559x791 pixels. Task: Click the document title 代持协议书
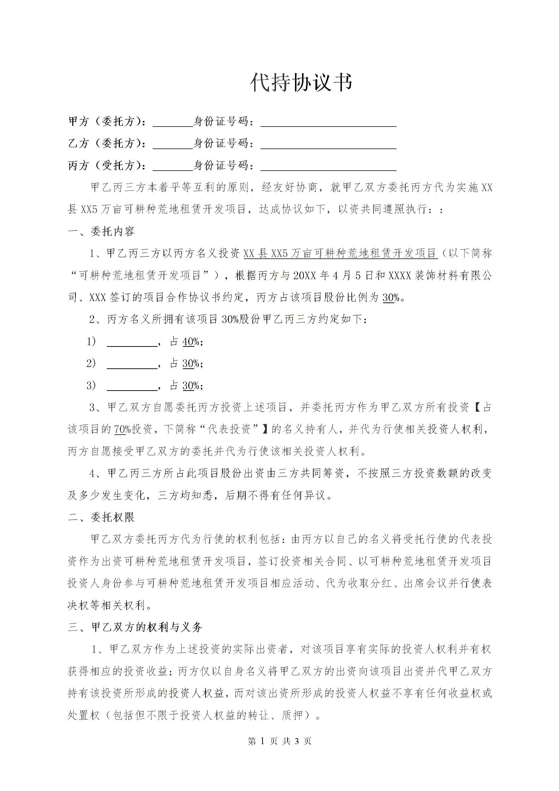pyautogui.click(x=301, y=83)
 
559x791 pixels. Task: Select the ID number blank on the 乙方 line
pyautogui.click(x=328, y=144)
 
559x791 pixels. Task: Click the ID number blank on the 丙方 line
pyautogui.click(x=328, y=166)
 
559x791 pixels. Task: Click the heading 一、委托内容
pyautogui.click(x=101, y=232)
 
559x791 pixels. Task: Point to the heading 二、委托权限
pyautogui.click(x=101, y=517)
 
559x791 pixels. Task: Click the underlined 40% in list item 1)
pyautogui.click(x=191, y=342)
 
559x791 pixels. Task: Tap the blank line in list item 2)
pyautogui.click(x=132, y=364)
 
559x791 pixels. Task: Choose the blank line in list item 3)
pyautogui.click(x=132, y=386)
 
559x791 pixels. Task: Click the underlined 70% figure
pyautogui.click(x=122, y=429)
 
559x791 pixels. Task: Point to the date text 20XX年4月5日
pyautogui.click(x=332, y=275)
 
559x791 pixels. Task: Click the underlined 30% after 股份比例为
pyautogui.click(x=391, y=298)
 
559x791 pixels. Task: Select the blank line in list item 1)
pyautogui.click(x=132, y=342)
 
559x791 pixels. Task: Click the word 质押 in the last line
pyautogui.click(x=292, y=715)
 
